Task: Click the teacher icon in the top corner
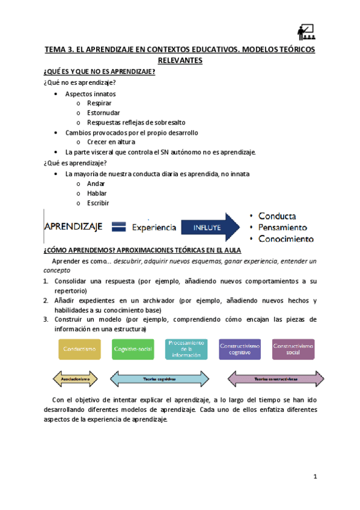[x=305, y=32]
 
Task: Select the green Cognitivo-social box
[x=132, y=349]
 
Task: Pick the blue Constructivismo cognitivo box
[x=239, y=349]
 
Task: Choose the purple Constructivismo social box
[x=293, y=349]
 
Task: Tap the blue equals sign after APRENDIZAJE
[x=119, y=227]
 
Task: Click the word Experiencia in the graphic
[x=154, y=227]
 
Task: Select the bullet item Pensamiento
[x=282, y=227]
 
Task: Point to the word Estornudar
[x=103, y=112]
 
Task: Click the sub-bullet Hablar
[x=97, y=193]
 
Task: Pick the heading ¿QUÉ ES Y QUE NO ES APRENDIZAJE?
[x=100, y=72]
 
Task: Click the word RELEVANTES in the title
[x=180, y=61]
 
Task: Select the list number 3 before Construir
[x=46, y=319]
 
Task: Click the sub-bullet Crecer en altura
[x=111, y=142]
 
